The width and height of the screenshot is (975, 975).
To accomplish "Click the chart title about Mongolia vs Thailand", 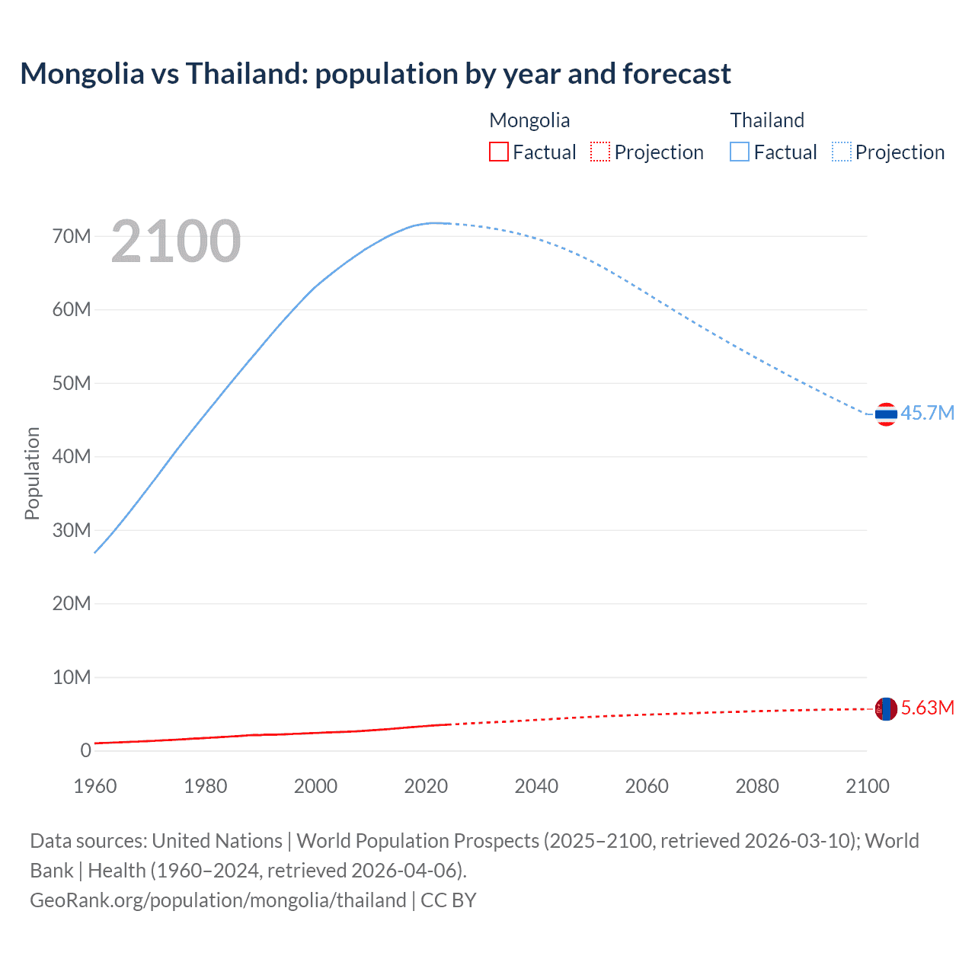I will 375,74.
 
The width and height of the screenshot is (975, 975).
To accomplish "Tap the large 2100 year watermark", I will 176,241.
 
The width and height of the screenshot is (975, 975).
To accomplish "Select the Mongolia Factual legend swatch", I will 498,152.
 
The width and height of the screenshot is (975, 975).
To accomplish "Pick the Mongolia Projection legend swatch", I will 600,152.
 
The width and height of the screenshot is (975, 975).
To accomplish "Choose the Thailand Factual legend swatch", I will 740,152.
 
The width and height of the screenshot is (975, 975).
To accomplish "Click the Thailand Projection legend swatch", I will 841,152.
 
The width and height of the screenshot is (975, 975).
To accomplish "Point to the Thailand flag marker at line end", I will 886,414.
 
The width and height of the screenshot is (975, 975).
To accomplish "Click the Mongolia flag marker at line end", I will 886,709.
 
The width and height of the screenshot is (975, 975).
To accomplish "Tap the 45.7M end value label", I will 927,413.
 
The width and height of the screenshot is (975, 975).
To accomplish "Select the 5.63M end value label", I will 927,708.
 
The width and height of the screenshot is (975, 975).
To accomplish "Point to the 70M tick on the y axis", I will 72,236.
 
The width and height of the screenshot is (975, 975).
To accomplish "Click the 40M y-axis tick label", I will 72,456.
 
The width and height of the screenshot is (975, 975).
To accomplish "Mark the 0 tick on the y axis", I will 85,750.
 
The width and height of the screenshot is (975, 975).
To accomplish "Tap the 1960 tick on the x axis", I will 95,786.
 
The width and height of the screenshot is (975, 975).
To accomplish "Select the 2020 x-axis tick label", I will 426,786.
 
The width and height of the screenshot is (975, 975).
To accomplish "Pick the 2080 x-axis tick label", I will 757,786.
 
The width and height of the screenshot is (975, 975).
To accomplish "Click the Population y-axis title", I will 32,473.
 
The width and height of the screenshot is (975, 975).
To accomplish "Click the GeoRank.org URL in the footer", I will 218,900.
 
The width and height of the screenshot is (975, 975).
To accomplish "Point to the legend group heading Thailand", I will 767,120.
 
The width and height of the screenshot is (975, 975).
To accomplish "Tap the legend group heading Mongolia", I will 529,120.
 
